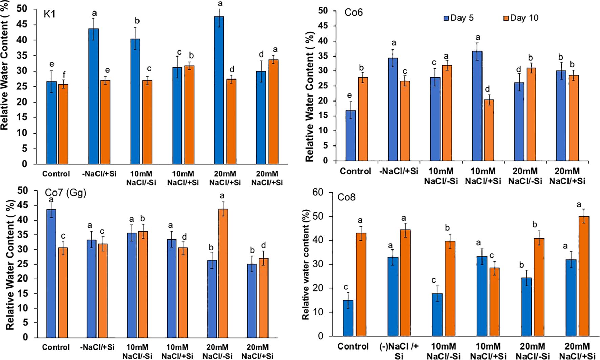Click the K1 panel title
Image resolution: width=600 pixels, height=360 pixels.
pyautogui.click(x=49, y=14)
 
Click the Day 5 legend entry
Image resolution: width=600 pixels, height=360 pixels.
pyautogui.click(x=459, y=18)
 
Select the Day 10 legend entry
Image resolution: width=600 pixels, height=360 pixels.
pyautogui.click(x=521, y=18)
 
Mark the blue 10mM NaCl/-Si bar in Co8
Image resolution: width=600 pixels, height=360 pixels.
pyautogui.click(x=437, y=315)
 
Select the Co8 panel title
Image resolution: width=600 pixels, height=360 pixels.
pyautogui.click(x=346, y=197)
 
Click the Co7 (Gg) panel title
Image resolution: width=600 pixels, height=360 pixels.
pyautogui.click(x=66, y=193)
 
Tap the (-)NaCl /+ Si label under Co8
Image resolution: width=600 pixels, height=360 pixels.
pyautogui.click(x=399, y=351)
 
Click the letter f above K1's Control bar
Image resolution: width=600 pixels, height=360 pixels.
pyautogui.click(x=64, y=75)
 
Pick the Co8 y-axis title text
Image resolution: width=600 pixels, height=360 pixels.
pyautogui.click(x=306, y=265)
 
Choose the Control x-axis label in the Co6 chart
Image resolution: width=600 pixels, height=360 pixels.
pyautogui.click(x=355, y=171)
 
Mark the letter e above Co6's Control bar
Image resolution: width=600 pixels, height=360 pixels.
pyautogui.click(x=350, y=96)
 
